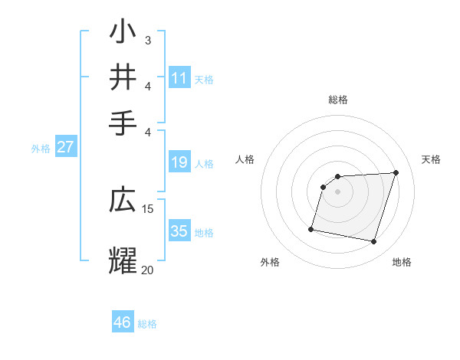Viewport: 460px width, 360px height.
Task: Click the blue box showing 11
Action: (x=179, y=77)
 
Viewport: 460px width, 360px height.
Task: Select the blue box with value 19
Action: (x=179, y=162)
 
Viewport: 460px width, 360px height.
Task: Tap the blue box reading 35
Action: (x=179, y=231)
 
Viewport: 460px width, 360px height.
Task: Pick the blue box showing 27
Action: (x=66, y=147)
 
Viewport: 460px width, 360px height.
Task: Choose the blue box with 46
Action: (x=123, y=322)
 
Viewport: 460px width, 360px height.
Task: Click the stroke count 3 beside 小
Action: (x=148, y=40)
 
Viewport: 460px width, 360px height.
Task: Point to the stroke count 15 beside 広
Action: (x=148, y=208)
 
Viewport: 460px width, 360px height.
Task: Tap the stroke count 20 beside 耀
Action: (x=148, y=270)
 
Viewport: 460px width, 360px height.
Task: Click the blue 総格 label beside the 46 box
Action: (x=147, y=324)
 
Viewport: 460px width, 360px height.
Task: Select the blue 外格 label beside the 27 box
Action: (x=41, y=149)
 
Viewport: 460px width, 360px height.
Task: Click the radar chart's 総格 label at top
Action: (x=338, y=100)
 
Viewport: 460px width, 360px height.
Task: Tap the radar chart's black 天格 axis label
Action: (x=431, y=159)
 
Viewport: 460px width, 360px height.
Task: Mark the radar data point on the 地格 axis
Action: (x=374, y=242)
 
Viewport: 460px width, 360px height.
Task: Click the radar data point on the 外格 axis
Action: (x=311, y=229)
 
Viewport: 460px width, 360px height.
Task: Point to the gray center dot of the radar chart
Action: (x=338, y=191)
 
